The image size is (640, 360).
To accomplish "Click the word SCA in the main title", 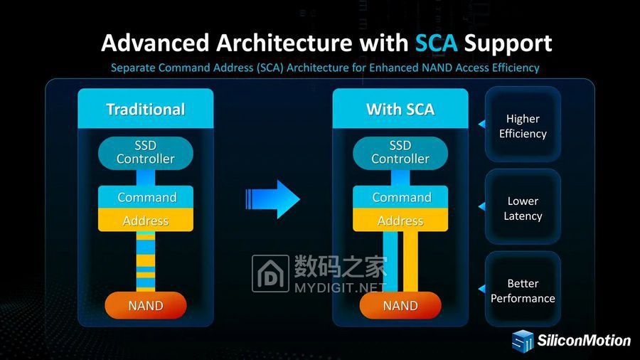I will point(436,43).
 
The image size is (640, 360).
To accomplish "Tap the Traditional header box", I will point(145,109).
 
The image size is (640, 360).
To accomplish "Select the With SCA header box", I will point(400,109).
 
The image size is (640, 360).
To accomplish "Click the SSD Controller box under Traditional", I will point(145,152).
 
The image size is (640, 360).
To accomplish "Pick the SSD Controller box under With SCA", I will point(400,152).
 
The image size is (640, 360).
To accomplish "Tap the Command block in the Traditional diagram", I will point(146,197).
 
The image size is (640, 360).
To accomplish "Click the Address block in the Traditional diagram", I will point(146,221).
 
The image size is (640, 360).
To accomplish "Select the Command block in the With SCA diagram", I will point(401,197).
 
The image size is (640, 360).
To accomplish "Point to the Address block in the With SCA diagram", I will point(400,221).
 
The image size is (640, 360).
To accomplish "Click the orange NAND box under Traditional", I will point(145,305).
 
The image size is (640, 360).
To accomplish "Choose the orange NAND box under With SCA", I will point(400,305).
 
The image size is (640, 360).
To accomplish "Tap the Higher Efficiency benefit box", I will point(523,125).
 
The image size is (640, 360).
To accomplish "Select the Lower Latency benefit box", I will point(523,208).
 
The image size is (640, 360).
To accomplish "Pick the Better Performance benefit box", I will point(523,290).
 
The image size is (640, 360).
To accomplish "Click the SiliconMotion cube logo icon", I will point(523,341).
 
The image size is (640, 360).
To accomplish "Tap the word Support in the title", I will point(508,43).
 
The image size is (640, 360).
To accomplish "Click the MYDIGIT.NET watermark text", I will point(340,288).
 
